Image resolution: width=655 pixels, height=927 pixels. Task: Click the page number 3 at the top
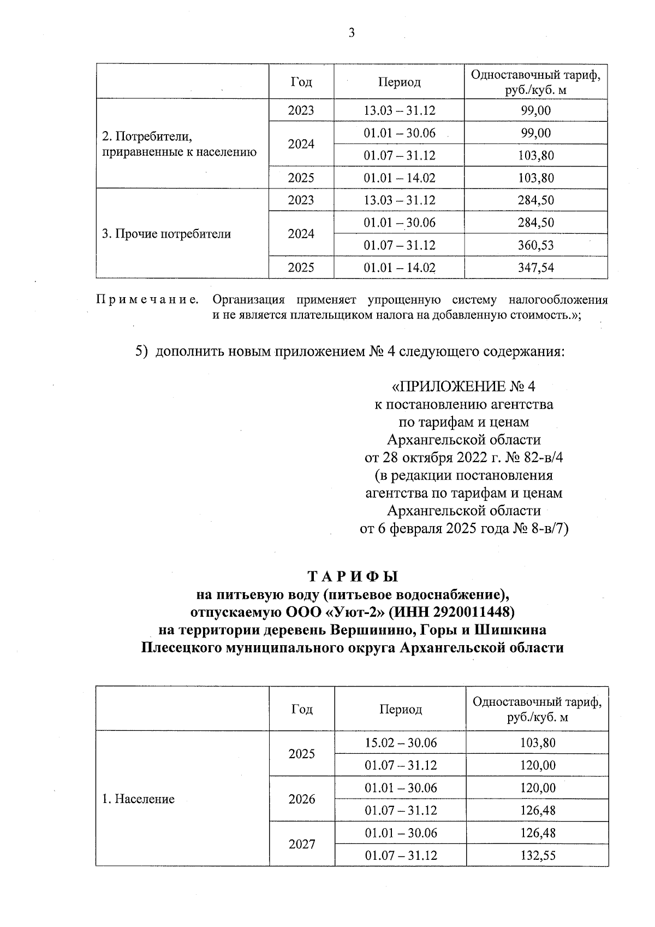[351, 33]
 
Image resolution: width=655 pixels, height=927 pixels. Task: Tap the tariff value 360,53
[535, 245]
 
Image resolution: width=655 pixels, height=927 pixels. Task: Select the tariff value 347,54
[535, 268]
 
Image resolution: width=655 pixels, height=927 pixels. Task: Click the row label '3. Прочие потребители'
[166, 234]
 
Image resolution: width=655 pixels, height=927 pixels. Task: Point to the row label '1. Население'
[138, 799]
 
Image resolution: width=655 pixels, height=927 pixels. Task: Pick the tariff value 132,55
[537, 855]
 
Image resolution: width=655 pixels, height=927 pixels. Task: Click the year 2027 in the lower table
[302, 844]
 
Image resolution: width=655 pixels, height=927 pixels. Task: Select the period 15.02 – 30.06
[401, 742]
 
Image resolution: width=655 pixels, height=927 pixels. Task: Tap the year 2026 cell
[302, 799]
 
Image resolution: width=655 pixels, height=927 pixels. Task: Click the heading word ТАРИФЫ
[353, 577]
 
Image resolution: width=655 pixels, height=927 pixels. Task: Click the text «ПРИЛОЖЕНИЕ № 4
[464, 387]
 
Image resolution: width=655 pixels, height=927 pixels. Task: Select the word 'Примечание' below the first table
[147, 299]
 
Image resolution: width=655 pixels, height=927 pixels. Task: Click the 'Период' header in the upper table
[399, 82]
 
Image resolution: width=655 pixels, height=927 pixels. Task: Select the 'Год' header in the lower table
[302, 709]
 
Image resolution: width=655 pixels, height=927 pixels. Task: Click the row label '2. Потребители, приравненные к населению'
[179, 144]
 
